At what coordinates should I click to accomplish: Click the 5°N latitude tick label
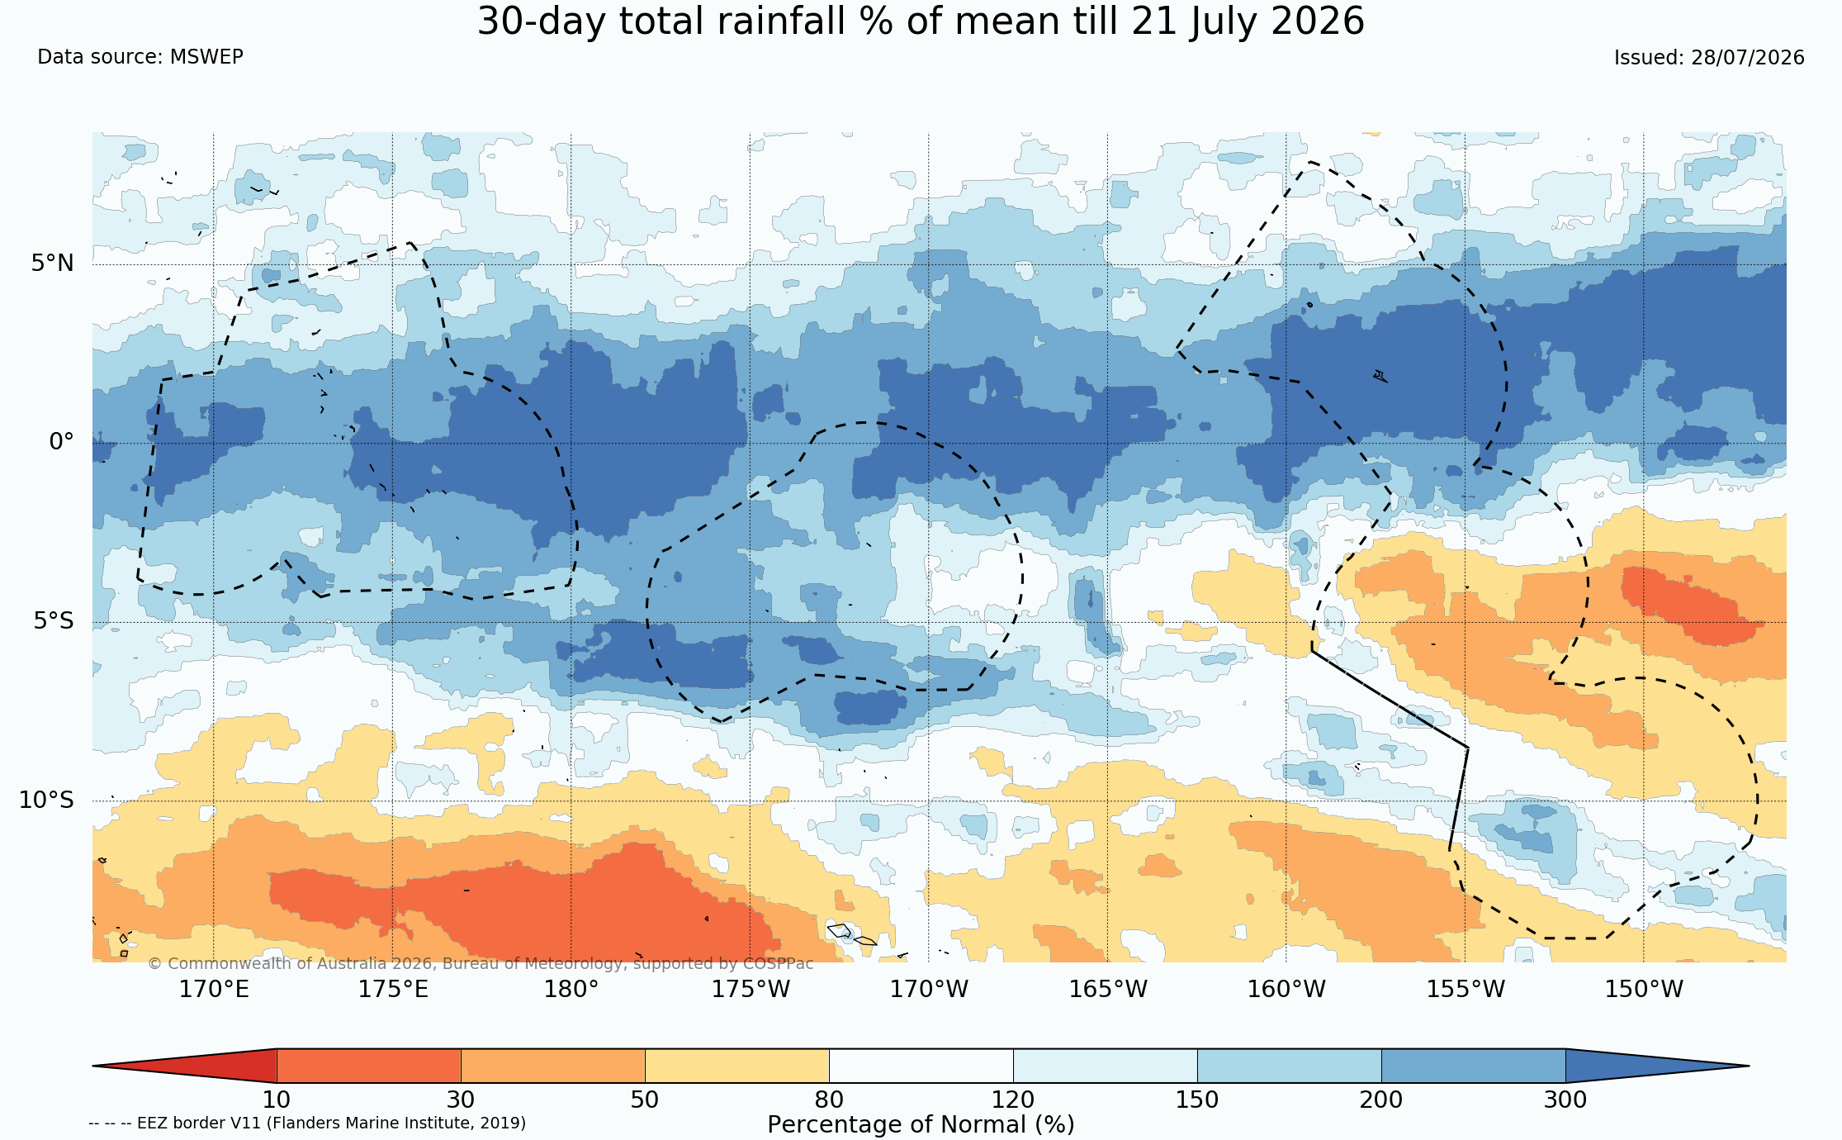click(x=53, y=264)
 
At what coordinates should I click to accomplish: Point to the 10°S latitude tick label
click(x=46, y=800)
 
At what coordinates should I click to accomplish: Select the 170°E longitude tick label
click(x=214, y=989)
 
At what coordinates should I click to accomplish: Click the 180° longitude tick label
click(x=571, y=989)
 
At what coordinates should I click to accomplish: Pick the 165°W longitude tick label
click(x=1108, y=989)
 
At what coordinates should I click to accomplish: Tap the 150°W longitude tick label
click(x=1644, y=989)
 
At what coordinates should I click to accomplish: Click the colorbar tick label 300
click(x=1565, y=1100)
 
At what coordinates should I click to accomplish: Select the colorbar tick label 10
click(x=277, y=1100)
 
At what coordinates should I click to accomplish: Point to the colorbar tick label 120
click(x=1013, y=1100)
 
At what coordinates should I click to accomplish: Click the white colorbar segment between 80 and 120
click(x=921, y=1066)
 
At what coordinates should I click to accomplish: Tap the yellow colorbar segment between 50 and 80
click(x=736, y=1066)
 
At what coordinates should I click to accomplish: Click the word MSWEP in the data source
click(x=206, y=57)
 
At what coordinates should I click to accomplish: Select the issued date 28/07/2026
click(x=1748, y=58)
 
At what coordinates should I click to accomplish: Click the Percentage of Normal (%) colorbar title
click(x=921, y=1125)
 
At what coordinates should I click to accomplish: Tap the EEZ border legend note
click(x=307, y=1123)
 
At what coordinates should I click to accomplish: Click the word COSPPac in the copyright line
click(x=778, y=964)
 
